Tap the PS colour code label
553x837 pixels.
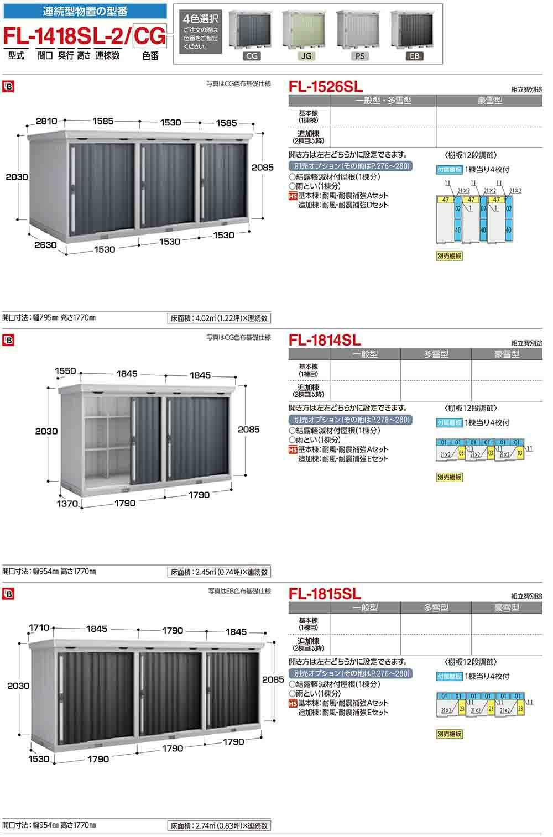359,56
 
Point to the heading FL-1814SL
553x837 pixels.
325,339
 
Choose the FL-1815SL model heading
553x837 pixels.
325,593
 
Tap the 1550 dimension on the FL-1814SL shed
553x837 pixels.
65,372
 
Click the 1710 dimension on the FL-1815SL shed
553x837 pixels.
39,627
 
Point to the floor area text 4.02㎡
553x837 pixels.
218,318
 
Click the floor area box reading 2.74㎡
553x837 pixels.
218,826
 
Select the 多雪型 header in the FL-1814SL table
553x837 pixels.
436,354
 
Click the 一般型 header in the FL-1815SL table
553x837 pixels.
365,608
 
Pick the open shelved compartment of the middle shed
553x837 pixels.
105,440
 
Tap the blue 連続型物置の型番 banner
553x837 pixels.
84,11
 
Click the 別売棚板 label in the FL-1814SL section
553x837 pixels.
449,477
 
